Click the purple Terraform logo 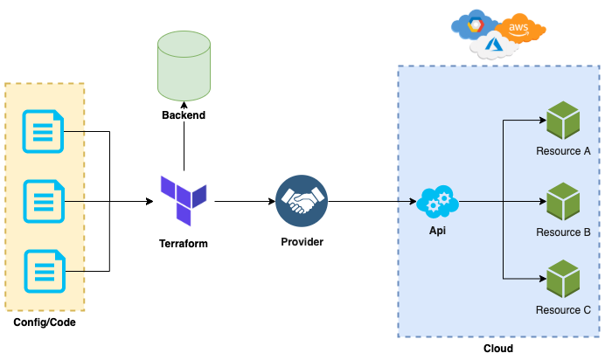[x=184, y=200]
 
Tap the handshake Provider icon [x=302, y=201]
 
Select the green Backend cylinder [x=184, y=66]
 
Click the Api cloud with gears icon [x=438, y=201]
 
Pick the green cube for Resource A [x=563, y=120]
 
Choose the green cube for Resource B [x=563, y=201]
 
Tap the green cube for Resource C [x=563, y=278]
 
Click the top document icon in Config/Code [x=43, y=131]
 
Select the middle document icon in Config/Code [x=44, y=201]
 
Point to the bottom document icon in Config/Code [x=45, y=271]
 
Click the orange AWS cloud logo [x=519, y=29]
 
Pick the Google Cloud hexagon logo [x=476, y=25]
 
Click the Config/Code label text [x=45, y=322]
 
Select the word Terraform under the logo [x=184, y=244]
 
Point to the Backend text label [x=184, y=114]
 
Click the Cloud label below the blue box [x=498, y=349]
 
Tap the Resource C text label [x=563, y=310]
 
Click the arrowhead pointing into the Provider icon [x=272, y=201]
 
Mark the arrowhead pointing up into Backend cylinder [x=184, y=105]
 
